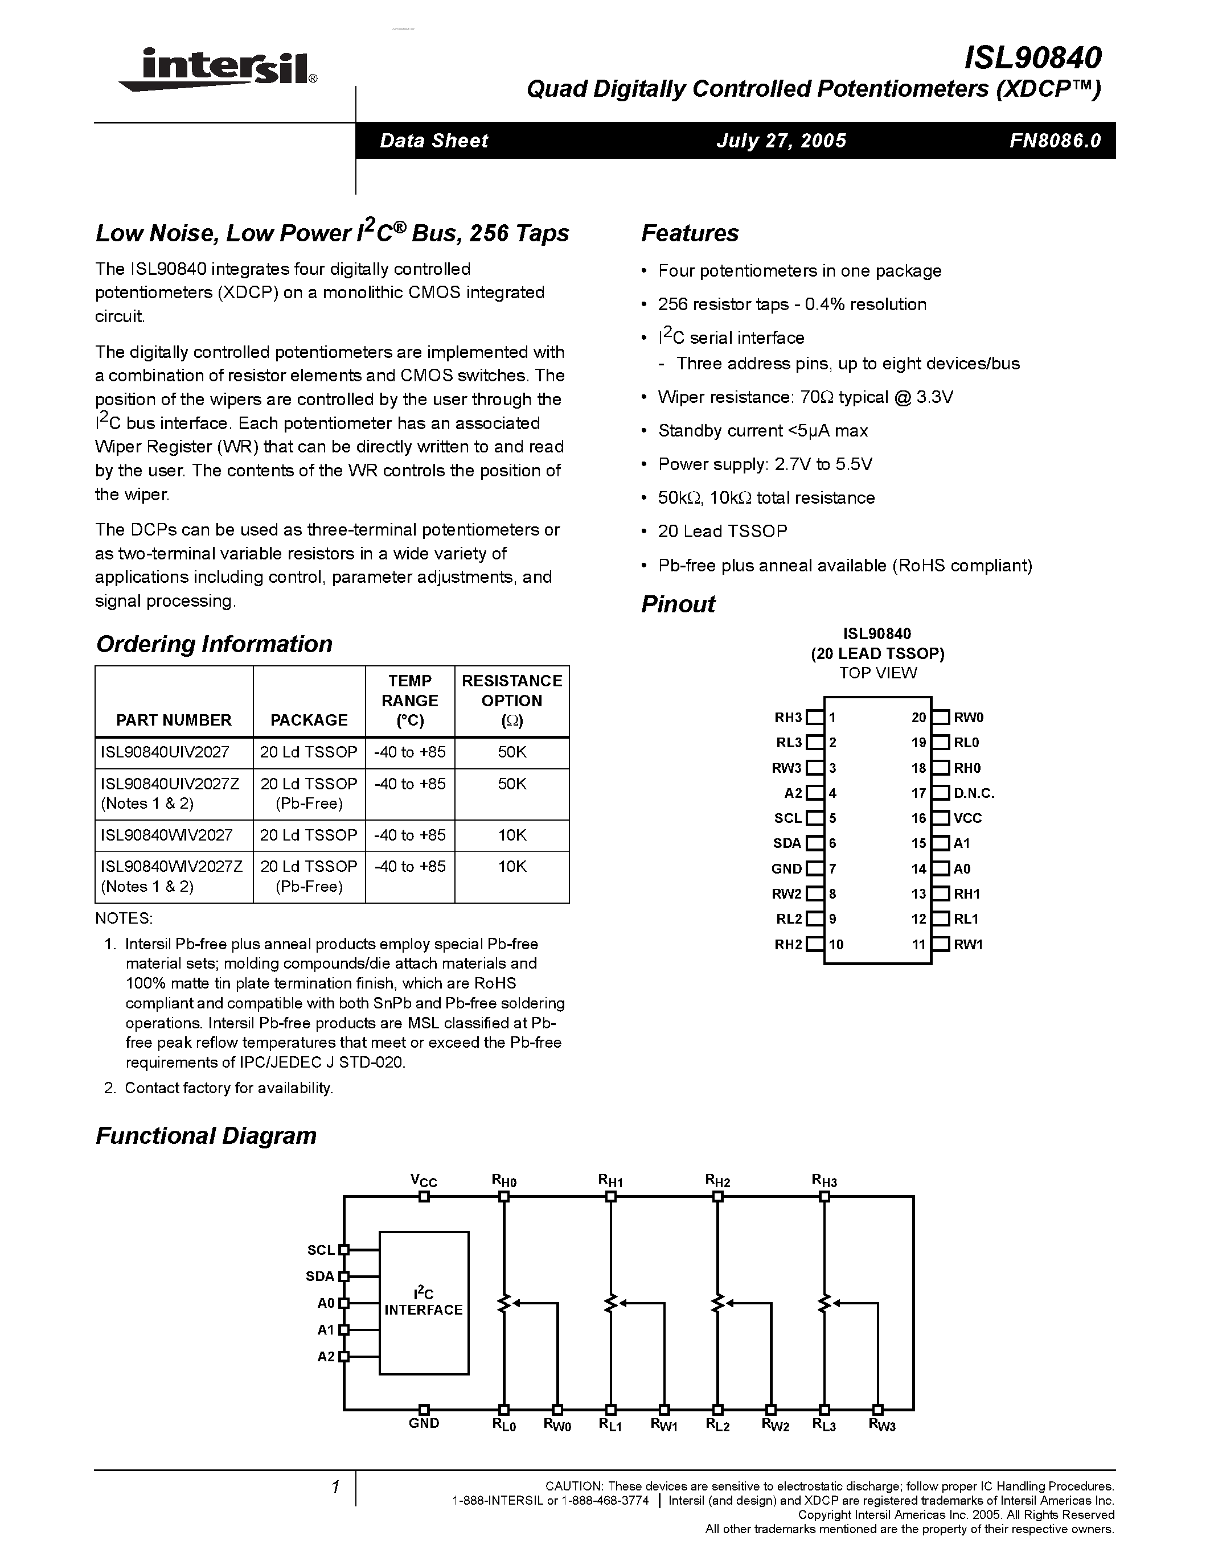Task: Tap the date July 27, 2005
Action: (781, 141)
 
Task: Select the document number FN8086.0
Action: (1055, 141)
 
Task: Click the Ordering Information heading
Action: (214, 644)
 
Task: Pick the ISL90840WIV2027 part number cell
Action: (167, 835)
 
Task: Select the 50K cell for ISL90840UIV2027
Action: (512, 752)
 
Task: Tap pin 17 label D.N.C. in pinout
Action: (974, 793)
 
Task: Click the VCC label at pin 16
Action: (967, 818)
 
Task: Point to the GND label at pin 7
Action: (786, 868)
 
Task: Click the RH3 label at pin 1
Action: (788, 717)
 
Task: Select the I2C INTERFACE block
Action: (424, 1303)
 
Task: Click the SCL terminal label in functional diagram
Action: (321, 1250)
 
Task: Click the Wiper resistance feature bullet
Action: (805, 397)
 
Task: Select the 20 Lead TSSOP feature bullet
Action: (722, 531)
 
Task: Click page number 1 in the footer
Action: (335, 1487)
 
